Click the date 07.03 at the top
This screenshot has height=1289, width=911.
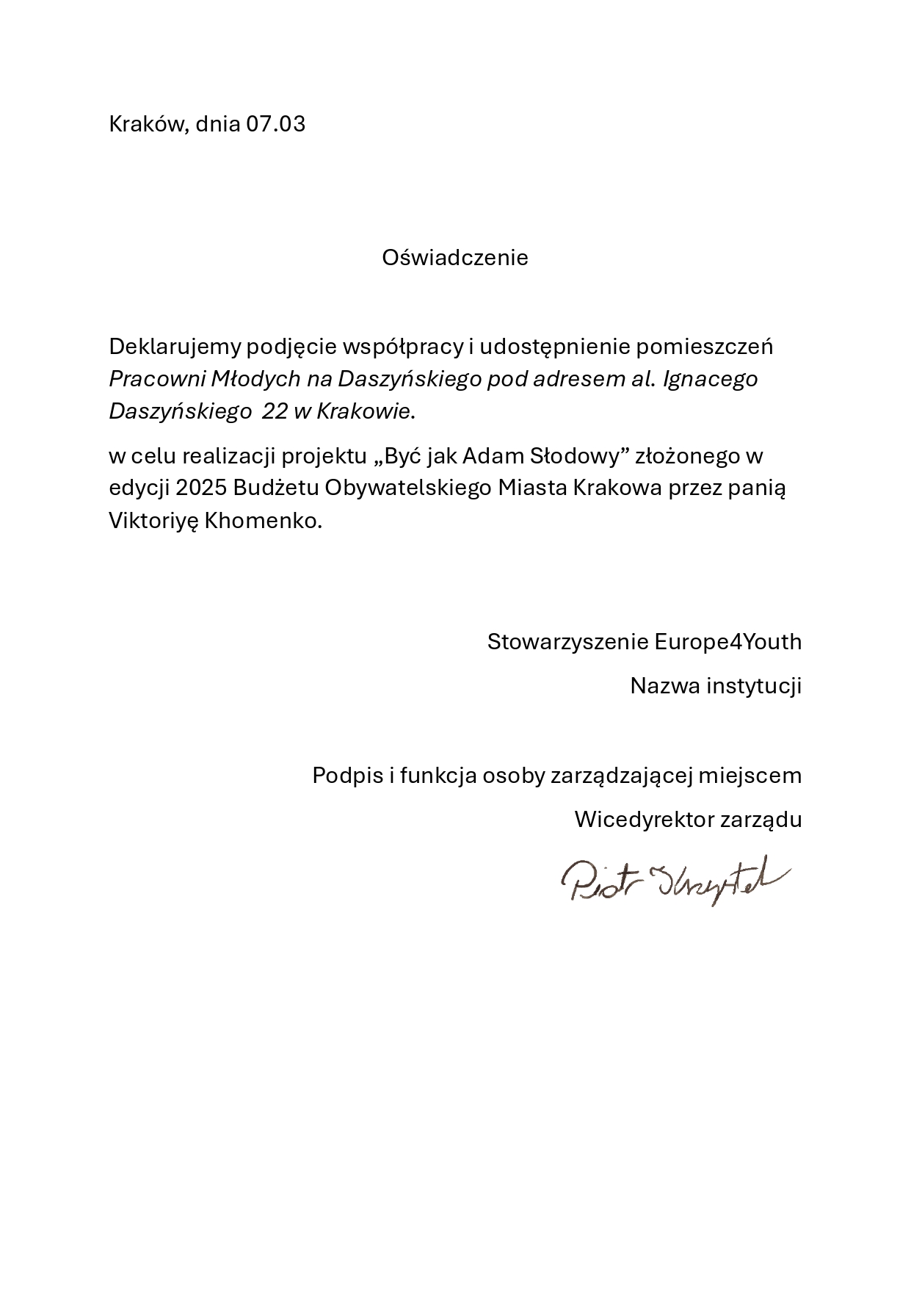[x=275, y=123]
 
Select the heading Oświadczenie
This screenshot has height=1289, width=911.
[x=454, y=258]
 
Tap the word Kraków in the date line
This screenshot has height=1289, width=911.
[x=149, y=123]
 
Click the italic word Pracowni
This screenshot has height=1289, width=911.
[x=157, y=379]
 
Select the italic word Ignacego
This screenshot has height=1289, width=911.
[x=711, y=379]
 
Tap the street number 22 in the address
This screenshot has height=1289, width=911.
[x=275, y=411]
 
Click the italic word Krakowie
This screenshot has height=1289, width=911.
[x=363, y=411]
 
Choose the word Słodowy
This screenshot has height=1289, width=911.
[x=576, y=456]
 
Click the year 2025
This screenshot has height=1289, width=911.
[x=200, y=488]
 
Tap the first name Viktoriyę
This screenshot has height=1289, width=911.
[x=153, y=521]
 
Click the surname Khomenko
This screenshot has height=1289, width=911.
[x=263, y=521]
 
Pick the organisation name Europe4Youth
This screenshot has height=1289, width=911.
[x=727, y=642]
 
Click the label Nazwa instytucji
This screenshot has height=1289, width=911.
[x=716, y=686]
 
